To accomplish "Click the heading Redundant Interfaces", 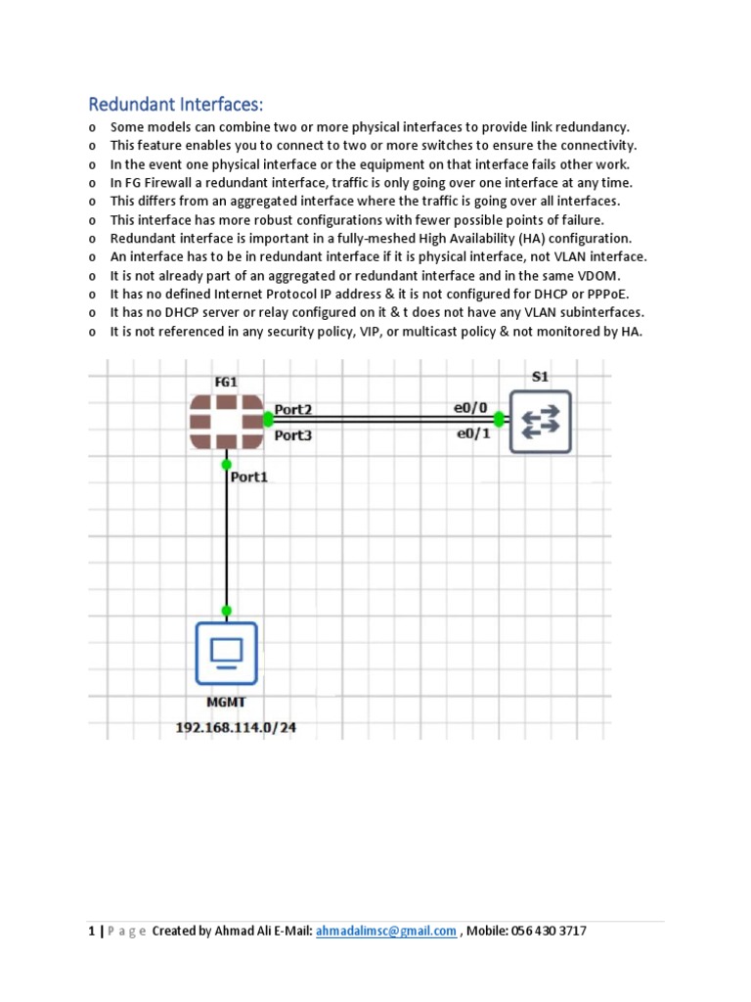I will click(x=177, y=105).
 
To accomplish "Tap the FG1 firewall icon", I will click(x=227, y=421).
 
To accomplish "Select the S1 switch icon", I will click(x=539, y=421).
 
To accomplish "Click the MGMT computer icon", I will click(x=226, y=653).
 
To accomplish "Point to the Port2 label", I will click(x=293, y=409).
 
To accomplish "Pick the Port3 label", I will click(x=293, y=434).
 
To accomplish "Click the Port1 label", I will click(x=248, y=478).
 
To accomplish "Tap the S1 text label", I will click(x=540, y=375).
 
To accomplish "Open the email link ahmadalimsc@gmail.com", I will click(x=386, y=932).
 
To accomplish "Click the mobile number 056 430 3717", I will click(x=547, y=932).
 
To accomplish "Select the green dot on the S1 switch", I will click(x=499, y=419).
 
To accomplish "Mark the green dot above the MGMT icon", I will click(x=227, y=611).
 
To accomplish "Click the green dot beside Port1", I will click(x=227, y=464).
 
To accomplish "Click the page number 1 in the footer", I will click(x=91, y=932).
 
